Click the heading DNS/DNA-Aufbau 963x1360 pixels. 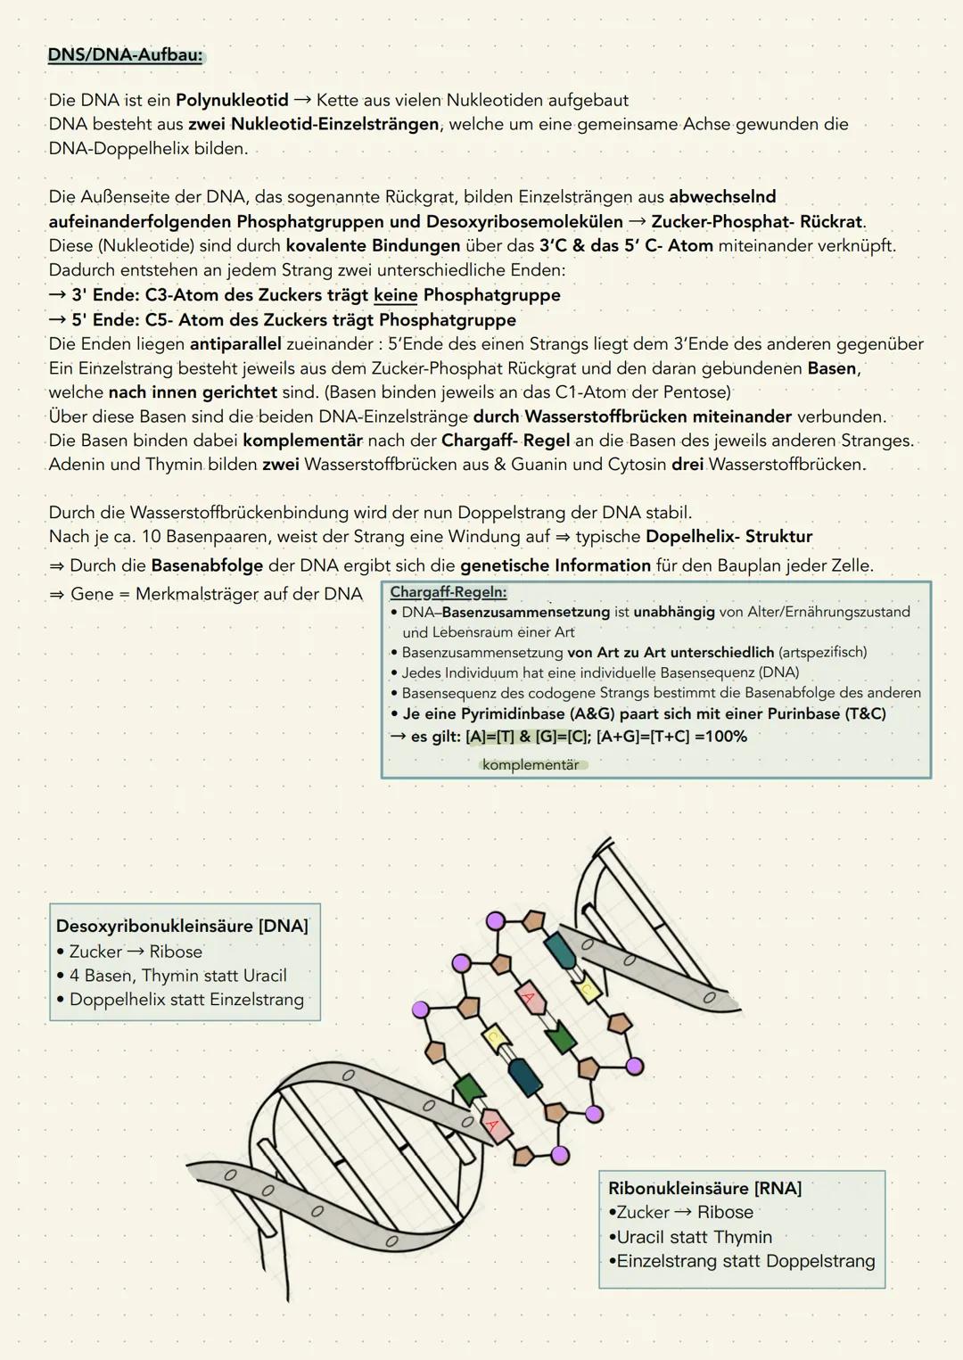point(125,55)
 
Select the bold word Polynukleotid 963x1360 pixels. point(232,100)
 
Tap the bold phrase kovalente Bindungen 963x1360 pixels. point(373,245)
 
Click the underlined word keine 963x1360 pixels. point(395,295)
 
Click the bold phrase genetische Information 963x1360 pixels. point(556,565)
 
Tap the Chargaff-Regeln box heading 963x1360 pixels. point(449,593)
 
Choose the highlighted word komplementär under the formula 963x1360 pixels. point(531,765)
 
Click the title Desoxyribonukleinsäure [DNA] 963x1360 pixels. point(182,926)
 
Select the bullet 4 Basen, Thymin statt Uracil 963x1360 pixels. point(177,976)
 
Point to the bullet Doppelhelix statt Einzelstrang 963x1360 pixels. point(186,1000)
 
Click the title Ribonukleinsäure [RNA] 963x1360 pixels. point(704,1188)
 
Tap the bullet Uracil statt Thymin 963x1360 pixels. point(694,1237)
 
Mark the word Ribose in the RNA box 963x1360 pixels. point(725,1213)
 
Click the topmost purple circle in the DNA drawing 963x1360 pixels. point(495,920)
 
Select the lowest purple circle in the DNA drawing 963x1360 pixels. point(560,1155)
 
